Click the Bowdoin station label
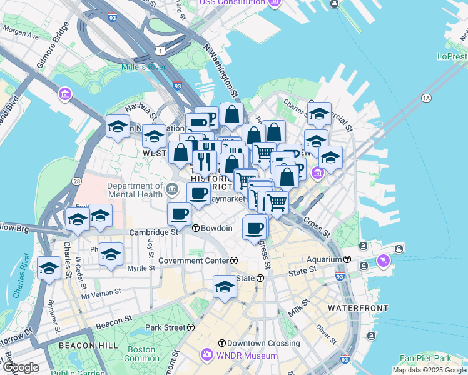[x=216, y=228]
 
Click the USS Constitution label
[x=231, y=2]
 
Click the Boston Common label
[x=142, y=354]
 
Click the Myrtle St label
[x=141, y=268]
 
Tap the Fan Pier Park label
[x=425, y=358]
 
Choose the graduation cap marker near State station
[x=225, y=287]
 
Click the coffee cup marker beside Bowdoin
[x=179, y=214]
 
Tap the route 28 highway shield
[x=76, y=181]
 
